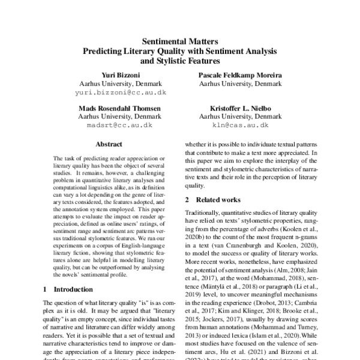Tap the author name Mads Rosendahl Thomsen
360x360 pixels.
click(x=124, y=108)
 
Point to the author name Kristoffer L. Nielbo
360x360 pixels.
click(x=239, y=108)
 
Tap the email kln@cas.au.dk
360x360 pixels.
click(x=239, y=127)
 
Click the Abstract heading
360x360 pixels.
click(x=109, y=145)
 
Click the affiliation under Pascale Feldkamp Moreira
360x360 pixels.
click(x=239, y=84)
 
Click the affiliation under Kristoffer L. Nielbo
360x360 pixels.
click(x=239, y=117)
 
